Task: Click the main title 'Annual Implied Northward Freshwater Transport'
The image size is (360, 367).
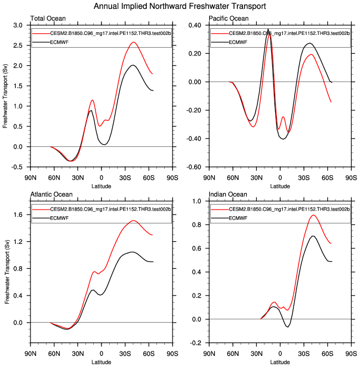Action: [180, 7]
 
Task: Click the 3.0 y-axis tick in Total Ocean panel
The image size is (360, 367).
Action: [18, 26]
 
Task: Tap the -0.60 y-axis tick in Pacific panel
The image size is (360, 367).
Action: [194, 167]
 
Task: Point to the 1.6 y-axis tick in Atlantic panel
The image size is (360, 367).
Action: [18, 215]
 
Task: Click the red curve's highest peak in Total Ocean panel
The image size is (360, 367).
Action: [134, 42]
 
